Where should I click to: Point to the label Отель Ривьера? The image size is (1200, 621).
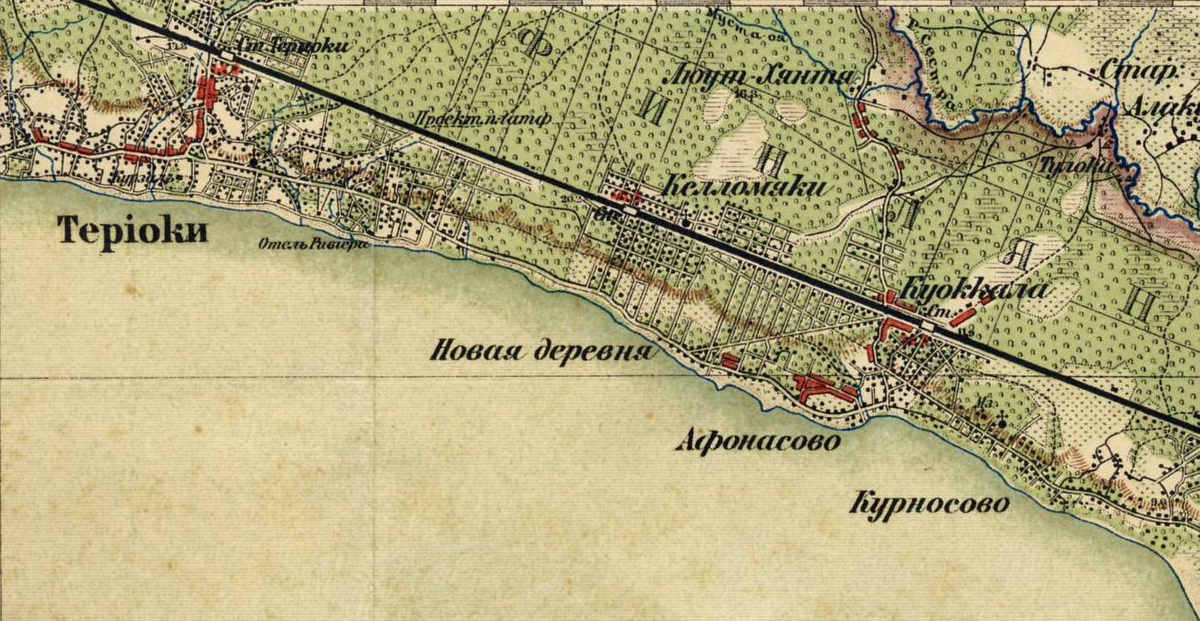314,244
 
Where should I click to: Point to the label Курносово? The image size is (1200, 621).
929,503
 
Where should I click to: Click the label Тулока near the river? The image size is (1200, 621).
1074,166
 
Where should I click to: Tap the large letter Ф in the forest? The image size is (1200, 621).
537,42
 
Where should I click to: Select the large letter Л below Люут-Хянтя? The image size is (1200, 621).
906,210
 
